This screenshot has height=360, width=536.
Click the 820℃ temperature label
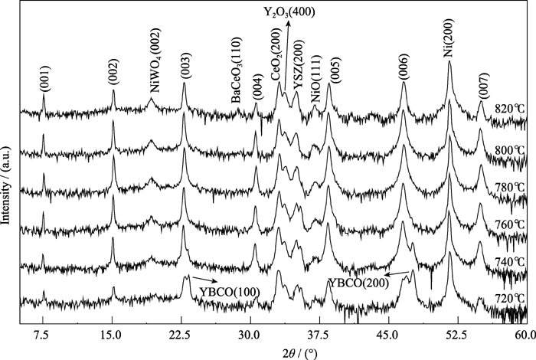[508, 109]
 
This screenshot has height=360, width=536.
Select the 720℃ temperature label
[508, 298]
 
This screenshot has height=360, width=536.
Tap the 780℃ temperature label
[508, 185]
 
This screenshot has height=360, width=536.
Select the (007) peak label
[482, 91]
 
